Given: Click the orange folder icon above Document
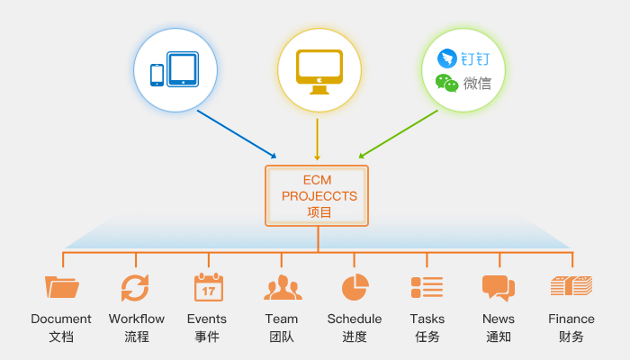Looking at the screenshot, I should pyautogui.click(x=61, y=287).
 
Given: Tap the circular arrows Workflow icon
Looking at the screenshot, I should pyautogui.click(x=135, y=287).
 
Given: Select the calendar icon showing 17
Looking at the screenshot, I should pyautogui.click(x=208, y=287).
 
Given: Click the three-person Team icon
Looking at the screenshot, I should pyautogui.click(x=283, y=288).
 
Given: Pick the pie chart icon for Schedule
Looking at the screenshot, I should pyautogui.click(x=355, y=287).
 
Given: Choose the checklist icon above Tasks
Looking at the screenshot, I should pyautogui.click(x=427, y=287).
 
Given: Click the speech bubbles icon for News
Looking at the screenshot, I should pyautogui.click(x=499, y=287).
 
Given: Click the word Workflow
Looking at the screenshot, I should pyautogui.click(x=137, y=319).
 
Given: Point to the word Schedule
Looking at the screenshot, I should pyautogui.click(x=355, y=319).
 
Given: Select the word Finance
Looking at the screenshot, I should pyautogui.click(x=571, y=319).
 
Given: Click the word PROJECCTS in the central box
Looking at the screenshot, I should pyautogui.click(x=319, y=196).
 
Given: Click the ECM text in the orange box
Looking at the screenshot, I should pyautogui.click(x=319, y=180).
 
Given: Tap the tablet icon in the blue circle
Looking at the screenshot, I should pyautogui.click(x=183, y=69).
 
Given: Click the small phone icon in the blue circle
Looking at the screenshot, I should pyautogui.click(x=157, y=75).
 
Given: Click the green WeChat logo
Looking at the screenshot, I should pyautogui.click(x=447, y=84).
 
